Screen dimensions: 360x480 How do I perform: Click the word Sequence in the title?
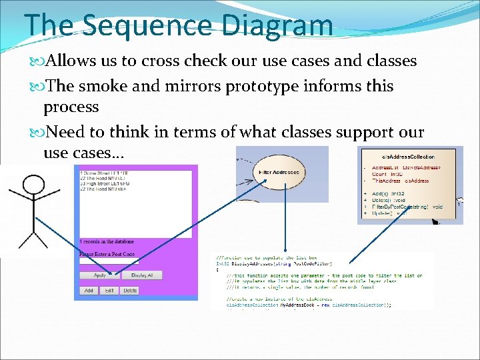[161, 25]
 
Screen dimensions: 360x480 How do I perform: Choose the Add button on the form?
[89, 291]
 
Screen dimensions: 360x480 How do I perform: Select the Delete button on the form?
[130, 291]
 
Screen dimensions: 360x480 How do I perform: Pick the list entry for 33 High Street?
[107, 183]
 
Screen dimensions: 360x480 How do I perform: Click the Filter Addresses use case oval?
[279, 173]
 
